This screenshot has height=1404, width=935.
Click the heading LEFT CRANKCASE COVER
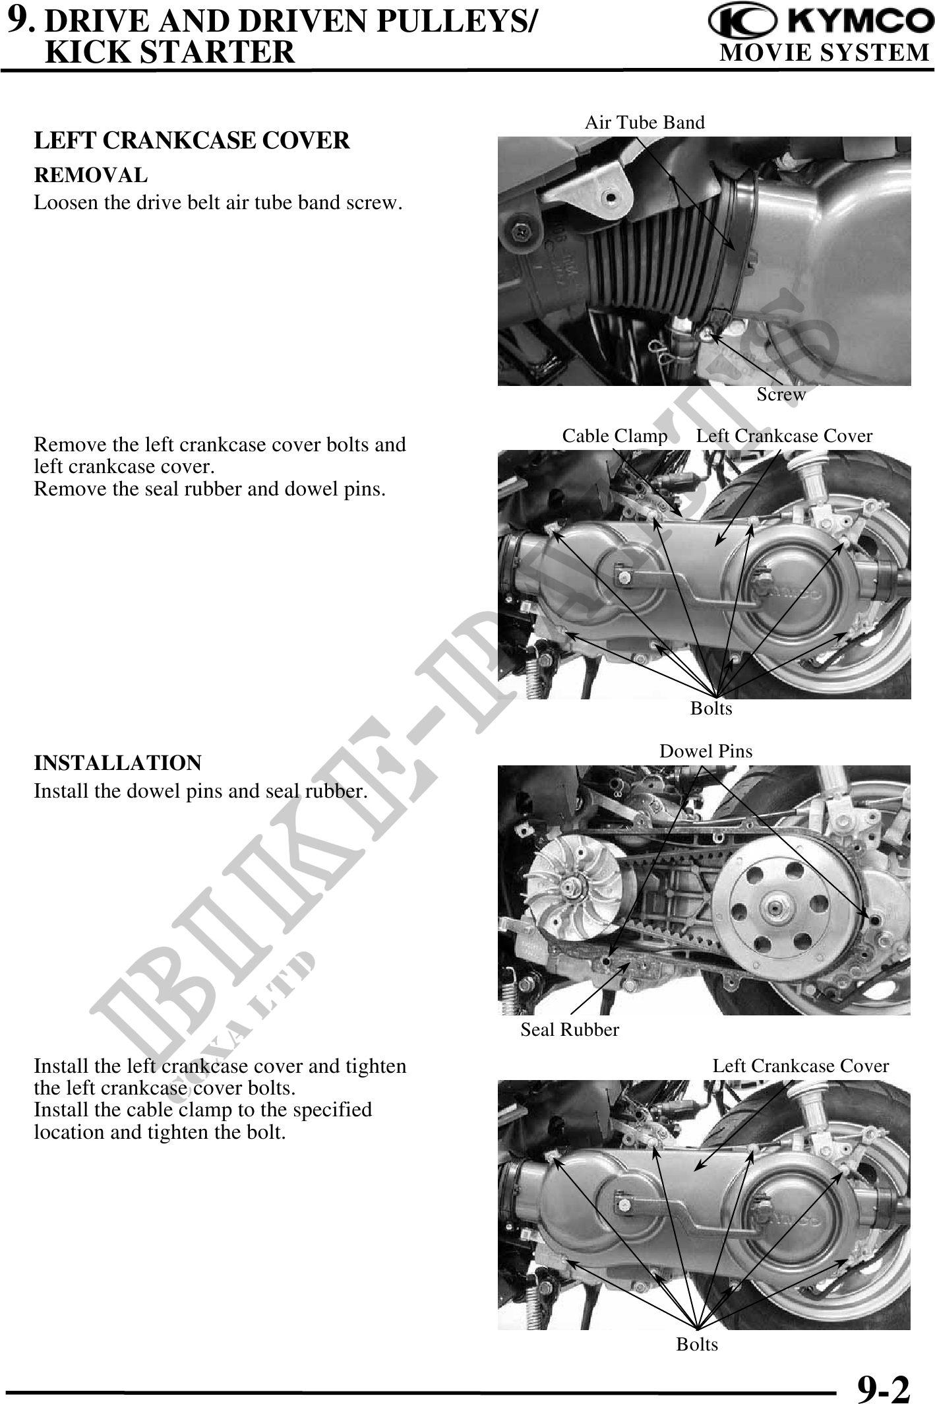[192, 141]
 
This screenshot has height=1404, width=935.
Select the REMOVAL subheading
[91, 175]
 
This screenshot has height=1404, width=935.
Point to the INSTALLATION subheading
[118, 763]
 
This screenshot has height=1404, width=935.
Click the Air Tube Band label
[645, 122]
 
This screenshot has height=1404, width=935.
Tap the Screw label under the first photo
[781, 395]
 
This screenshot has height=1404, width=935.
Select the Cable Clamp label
[615, 435]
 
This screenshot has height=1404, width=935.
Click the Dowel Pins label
[706, 751]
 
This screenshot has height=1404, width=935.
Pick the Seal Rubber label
[570, 1029]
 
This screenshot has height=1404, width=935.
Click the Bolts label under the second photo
[711, 709]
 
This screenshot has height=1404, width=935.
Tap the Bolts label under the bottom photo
[697, 1344]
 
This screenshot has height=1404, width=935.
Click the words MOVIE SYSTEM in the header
[824, 52]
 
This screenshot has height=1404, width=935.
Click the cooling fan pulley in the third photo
[574, 888]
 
